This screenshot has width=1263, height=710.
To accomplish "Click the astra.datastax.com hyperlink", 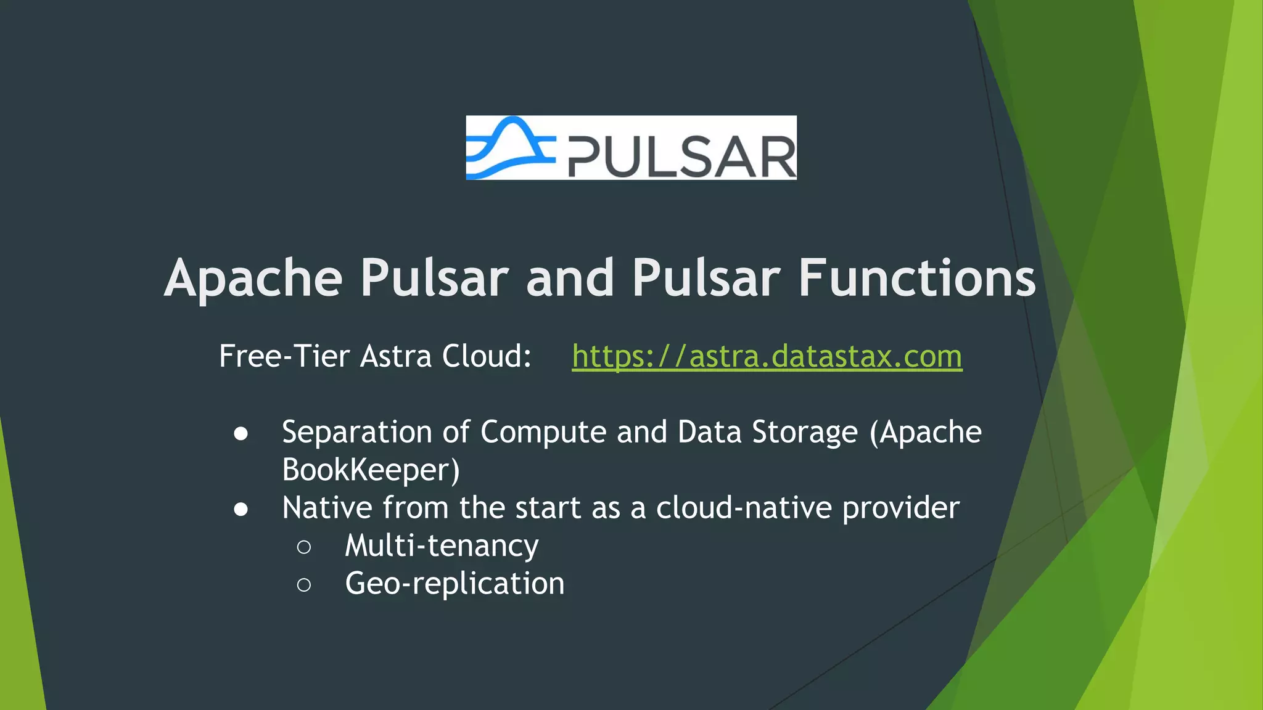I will [767, 356].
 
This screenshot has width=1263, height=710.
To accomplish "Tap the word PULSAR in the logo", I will [681, 157].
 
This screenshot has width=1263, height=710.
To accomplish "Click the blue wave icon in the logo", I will [509, 148].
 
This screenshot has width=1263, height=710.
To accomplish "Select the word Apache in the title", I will [253, 279].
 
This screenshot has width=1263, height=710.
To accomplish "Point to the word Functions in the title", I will [917, 279].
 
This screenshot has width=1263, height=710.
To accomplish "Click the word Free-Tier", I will [284, 356].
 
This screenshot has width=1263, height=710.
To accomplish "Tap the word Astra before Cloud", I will [395, 356].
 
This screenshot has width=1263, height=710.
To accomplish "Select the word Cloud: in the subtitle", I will [487, 356].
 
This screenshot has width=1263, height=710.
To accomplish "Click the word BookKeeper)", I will [371, 470].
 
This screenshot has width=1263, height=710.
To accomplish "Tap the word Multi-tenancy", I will [442, 546].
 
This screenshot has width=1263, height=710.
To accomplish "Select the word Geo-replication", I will [455, 584].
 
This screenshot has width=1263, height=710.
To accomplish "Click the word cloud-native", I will [744, 508].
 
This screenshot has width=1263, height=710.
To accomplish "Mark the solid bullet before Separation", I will [241, 434].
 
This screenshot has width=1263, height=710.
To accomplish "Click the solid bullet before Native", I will [241, 510].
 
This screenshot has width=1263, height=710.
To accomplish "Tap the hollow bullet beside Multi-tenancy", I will [303, 547].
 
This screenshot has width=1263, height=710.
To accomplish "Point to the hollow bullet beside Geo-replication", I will [303, 585].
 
